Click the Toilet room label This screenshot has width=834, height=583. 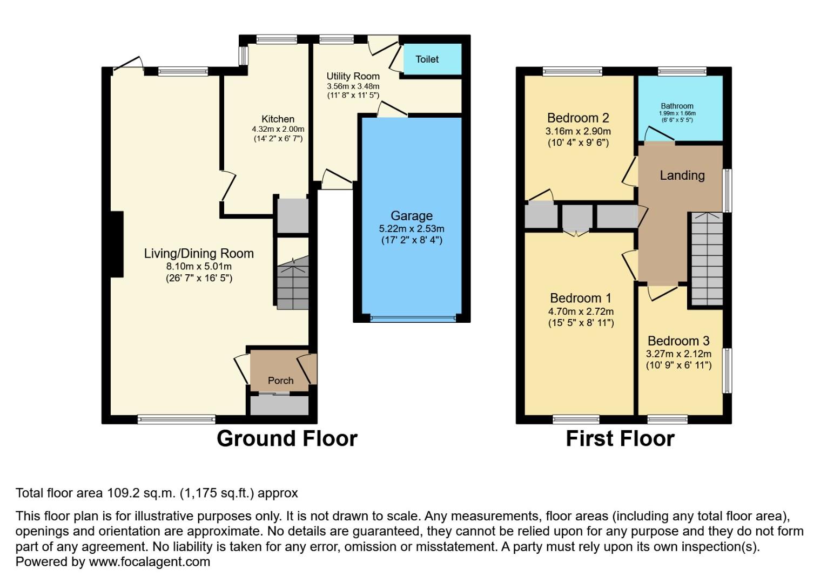427,59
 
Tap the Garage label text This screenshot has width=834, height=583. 411,216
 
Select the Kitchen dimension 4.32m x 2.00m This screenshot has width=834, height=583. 278,130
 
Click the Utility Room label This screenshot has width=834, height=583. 353,76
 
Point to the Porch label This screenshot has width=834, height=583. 280,381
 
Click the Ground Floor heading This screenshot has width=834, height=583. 287,439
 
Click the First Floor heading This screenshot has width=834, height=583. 620,439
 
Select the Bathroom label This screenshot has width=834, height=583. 677,106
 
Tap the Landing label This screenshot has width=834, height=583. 682,175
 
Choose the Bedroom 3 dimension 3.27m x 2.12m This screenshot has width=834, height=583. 678,355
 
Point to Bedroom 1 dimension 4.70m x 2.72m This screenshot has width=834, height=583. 581,311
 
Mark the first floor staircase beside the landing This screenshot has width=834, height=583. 707,259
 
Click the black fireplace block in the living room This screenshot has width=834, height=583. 117,244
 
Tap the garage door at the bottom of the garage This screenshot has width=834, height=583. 412,318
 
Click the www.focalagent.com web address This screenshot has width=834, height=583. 149,562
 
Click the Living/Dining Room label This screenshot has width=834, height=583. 198,254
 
